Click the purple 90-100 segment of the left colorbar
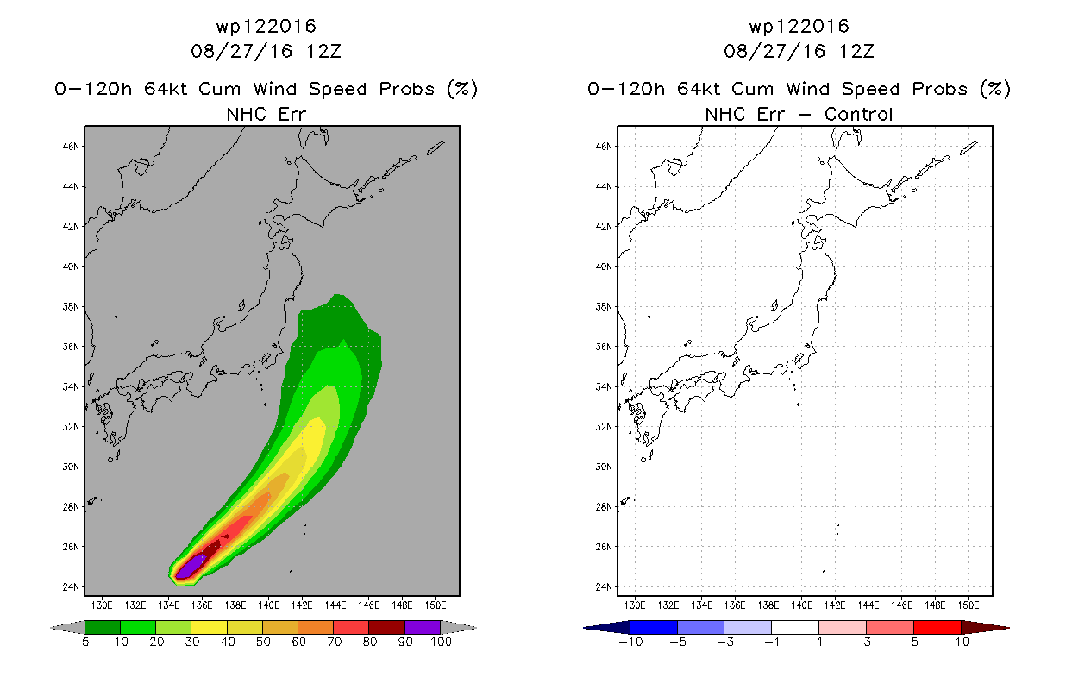pyautogui.click(x=423, y=627)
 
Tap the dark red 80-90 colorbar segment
pyautogui.click(x=387, y=627)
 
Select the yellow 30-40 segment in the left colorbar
pyautogui.click(x=210, y=627)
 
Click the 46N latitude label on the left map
pyautogui.click(x=71, y=147)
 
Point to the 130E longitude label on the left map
pyautogui.click(x=102, y=605)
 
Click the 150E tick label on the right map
pyautogui.click(x=968, y=605)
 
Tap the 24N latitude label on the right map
pyautogui.click(x=604, y=586)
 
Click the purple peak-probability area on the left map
pyautogui.click(x=191, y=567)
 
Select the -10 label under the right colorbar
pyautogui.click(x=630, y=642)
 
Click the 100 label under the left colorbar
pyautogui.click(x=441, y=642)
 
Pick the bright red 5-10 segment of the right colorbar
pyautogui.click(x=937, y=627)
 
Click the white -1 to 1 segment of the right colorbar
pyautogui.click(x=795, y=627)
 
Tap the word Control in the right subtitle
pyautogui.click(x=858, y=115)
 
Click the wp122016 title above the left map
pyautogui.click(x=266, y=27)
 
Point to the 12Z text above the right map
pyautogui.click(x=856, y=52)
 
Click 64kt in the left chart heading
pyautogui.click(x=166, y=89)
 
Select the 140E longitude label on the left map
pyautogui.click(x=268, y=605)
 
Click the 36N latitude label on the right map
pyautogui.click(x=604, y=347)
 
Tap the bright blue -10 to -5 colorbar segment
pyautogui.click(x=654, y=627)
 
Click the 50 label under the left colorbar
pyautogui.click(x=263, y=642)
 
